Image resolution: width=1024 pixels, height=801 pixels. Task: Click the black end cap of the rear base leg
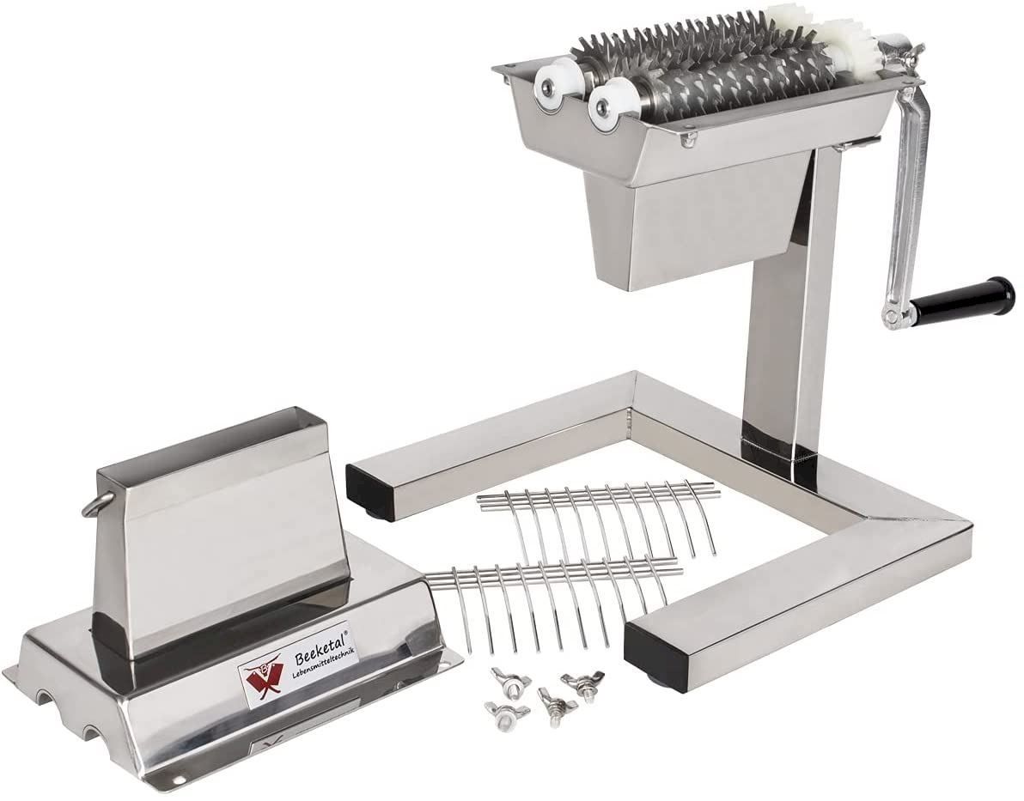tap(371, 484)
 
